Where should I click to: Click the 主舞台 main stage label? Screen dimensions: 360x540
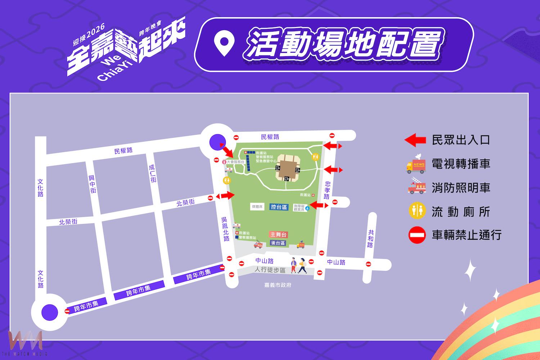click(x=279, y=234)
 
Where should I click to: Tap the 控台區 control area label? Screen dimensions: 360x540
click(x=279, y=207)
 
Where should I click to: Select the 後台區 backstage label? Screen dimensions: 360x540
click(x=278, y=243)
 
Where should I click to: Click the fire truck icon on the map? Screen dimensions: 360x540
click(x=258, y=244)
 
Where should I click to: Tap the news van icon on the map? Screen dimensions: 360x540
click(x=301, y=245)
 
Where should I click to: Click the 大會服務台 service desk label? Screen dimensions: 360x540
click(x=235, y=162)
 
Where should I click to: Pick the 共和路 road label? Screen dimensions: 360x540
click(x=370, y=239)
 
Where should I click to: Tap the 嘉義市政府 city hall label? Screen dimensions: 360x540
click(x=278, y=285)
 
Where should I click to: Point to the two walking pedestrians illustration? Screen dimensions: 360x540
click(x=299, y=266)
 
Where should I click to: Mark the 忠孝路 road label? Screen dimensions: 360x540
click(x=327, y=190)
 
